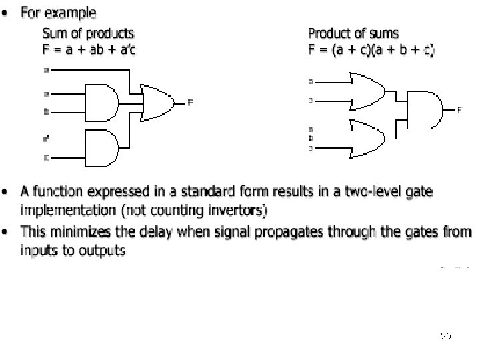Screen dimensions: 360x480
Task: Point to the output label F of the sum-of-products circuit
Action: pos(190,102)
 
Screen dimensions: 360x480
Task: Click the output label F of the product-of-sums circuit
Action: pos(459,109)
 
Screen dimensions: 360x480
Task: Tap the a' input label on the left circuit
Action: pos(46,139)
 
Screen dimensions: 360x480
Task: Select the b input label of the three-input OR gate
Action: pos(311,137)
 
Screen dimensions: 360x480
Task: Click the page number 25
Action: pos(445,337)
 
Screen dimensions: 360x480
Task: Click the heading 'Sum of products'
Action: pos(88,33)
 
